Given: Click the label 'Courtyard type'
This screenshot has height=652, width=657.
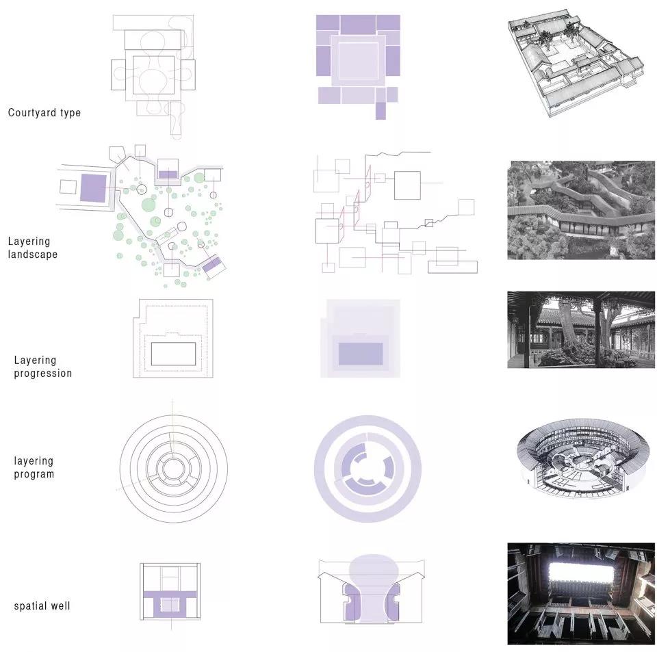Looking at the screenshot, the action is (44, 113).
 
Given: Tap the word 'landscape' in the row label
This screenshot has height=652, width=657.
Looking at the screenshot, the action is (33, 255).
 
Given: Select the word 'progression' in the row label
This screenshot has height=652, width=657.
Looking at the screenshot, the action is (42, 374).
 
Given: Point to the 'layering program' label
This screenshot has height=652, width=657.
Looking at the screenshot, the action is (34, 467).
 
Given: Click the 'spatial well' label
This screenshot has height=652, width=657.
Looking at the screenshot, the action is (42, 606).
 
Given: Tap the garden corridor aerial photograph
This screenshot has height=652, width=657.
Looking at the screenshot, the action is (581, 210).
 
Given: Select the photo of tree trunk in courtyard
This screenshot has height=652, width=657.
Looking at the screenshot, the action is (581, 330).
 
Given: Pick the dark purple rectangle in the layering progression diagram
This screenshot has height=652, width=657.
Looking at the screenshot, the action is (361, 354).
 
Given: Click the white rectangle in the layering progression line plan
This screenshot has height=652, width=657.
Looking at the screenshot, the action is (173, 354).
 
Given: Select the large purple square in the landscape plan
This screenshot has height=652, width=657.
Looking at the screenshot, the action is (93, 188).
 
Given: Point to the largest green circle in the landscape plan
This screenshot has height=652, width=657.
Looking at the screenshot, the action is (149, 206).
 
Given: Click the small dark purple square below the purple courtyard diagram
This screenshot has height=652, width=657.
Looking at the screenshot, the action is (381, 111).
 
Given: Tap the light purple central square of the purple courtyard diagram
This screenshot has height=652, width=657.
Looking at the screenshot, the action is (358, 60).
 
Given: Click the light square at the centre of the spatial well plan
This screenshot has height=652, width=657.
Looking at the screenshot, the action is (170, 605).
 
